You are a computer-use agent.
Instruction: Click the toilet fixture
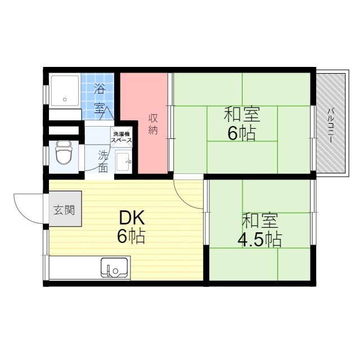[x=63, y=152]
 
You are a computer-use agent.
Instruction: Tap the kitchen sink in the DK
[x=115, y=268]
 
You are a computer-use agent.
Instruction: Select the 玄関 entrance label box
[x=65, y=210]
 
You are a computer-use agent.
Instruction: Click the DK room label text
[x=131, y=218]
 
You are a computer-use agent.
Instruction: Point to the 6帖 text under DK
[x=131, y=236]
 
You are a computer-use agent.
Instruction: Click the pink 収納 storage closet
[x=145, y=124]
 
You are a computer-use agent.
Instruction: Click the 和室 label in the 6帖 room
[x=241, y=115]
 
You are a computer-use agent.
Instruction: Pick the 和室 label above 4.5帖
[x=259, y=220]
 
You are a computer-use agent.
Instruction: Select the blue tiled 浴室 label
[x=100, y=97]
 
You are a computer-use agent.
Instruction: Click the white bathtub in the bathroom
[x=65, y=90]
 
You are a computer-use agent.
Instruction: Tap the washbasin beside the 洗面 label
[x=123, y=163]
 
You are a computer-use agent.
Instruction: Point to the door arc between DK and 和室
[x=188, y=194]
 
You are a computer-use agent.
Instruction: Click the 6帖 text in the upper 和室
[x=241, y=133]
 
